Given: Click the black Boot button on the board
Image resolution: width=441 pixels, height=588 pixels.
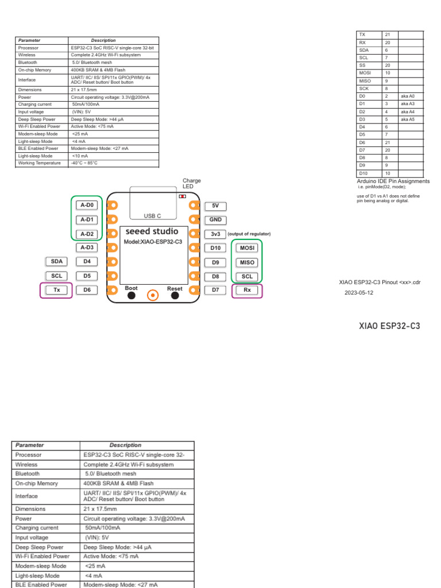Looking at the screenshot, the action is tap(131, 296).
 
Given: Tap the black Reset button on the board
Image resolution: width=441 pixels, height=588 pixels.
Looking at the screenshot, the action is tap(175, 296).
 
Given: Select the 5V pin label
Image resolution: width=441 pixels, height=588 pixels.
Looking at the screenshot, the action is tap(215, 206).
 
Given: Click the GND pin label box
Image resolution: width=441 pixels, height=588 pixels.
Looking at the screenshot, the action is tap(215, 220).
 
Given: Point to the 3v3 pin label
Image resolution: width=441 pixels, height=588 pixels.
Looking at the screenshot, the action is tap(215, 234).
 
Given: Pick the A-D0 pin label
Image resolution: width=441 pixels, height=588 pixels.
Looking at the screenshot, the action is tap(87, 205).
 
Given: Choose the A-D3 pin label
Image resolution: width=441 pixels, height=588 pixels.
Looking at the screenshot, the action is tap(87, 247).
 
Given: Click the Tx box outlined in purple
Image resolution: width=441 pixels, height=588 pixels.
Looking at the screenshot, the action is tap(57, 290).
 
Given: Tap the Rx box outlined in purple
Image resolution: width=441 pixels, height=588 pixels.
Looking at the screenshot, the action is tap(247, 290).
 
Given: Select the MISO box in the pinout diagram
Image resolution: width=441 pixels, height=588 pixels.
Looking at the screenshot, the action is tap(247, 262).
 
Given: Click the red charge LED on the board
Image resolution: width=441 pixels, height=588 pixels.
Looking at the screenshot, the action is tap(182, 196).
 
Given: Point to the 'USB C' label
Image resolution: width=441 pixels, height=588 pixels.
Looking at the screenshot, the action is tap(152, 216).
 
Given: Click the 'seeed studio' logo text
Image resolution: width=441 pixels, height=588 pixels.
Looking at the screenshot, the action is tap(152, 231).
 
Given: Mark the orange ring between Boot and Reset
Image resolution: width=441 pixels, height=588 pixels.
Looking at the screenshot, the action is tap(153, 295).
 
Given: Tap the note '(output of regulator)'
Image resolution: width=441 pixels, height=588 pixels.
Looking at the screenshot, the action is tap(249, 234).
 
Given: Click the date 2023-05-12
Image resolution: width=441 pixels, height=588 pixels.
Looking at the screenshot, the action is tap(359, 292).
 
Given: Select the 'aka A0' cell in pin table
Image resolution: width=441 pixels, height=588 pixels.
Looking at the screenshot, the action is tap(408, 96).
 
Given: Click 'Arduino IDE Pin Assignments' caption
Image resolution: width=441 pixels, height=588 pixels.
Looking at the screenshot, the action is tap(393, 181).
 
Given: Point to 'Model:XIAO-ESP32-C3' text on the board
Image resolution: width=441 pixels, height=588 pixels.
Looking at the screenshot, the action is tap(153, 242).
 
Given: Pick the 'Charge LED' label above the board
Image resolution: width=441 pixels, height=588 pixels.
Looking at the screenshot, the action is tap(191, 184).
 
